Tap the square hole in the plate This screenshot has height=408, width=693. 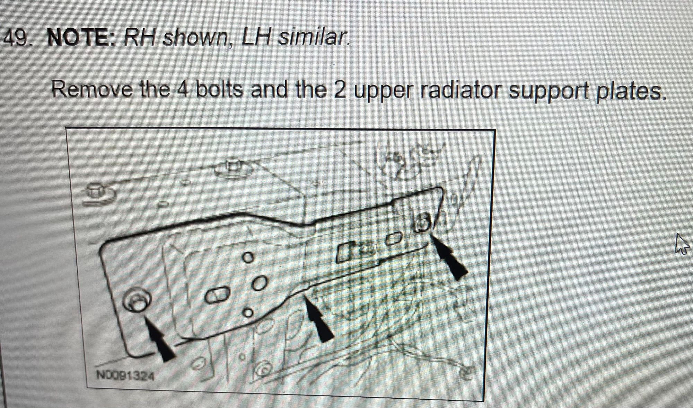(x=343, y=252)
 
